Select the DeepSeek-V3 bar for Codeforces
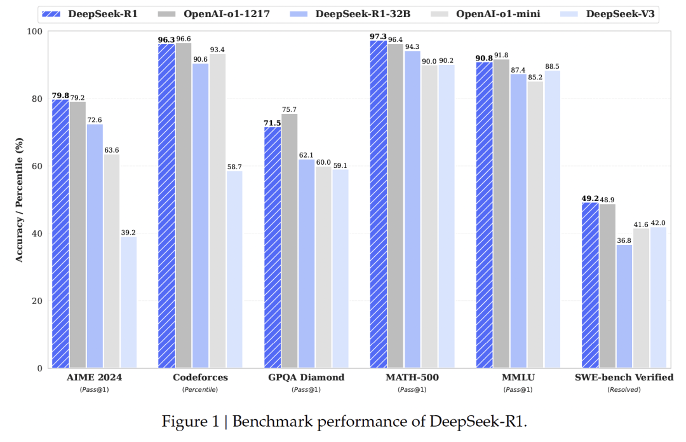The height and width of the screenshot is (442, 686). [234, 270]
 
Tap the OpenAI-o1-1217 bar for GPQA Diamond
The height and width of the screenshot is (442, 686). [289, 241]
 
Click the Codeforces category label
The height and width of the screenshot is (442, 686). [200, 377]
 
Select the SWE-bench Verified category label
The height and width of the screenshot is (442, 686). [624, 377]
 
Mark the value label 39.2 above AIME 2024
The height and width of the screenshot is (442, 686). [129, 231]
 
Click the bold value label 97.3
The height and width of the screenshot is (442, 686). [379, 36]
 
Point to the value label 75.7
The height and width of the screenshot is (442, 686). [290, 109]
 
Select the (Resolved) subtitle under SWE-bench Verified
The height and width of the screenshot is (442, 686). [624, 389]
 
